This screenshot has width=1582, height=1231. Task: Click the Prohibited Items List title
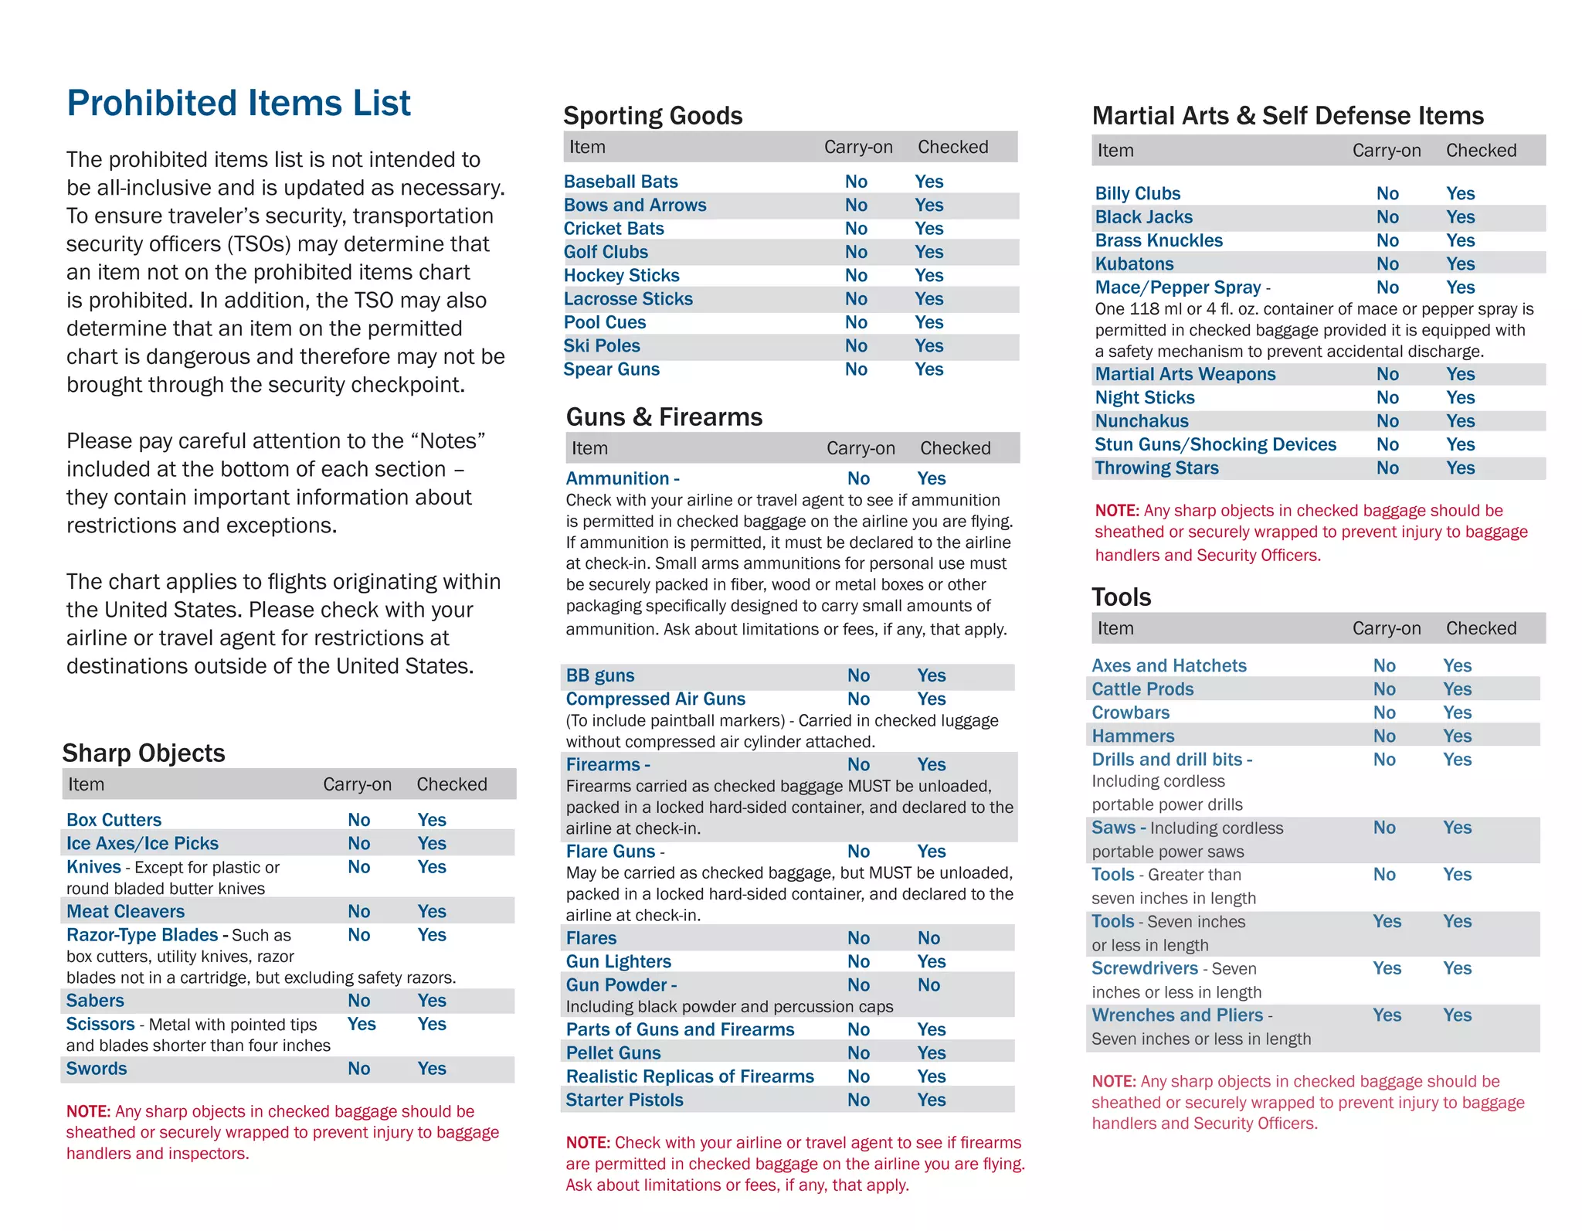point(239,104)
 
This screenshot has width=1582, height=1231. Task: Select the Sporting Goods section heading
point(653,116)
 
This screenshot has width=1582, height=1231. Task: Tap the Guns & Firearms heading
point(664,417)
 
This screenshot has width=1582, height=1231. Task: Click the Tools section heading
point(1121,597)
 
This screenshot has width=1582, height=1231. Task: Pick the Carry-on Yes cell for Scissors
point(362,1025)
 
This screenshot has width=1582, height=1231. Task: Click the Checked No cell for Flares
point(928,939)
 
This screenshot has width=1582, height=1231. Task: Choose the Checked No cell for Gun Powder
point(928,985)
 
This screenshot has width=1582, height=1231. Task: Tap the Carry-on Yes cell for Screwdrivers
point(1387,969)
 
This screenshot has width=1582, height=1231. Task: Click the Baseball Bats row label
point(620,182)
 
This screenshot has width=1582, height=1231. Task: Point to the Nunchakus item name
point(1142,422)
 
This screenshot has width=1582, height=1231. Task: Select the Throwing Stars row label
point(1156,468)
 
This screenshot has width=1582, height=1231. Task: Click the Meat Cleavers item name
point(125,912)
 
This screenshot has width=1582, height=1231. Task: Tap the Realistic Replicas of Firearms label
point(690,1077)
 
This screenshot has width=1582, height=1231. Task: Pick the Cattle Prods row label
point(1142,689)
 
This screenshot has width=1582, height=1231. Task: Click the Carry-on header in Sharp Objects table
point(357,785)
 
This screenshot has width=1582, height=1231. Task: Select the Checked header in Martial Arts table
point(1481,151)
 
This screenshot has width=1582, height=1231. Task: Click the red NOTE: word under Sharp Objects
point(88,1112)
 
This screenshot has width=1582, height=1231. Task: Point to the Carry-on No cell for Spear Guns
point(856,370)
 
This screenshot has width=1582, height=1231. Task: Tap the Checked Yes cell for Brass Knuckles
point(1460,241)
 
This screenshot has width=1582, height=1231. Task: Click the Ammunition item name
point(617,479)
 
